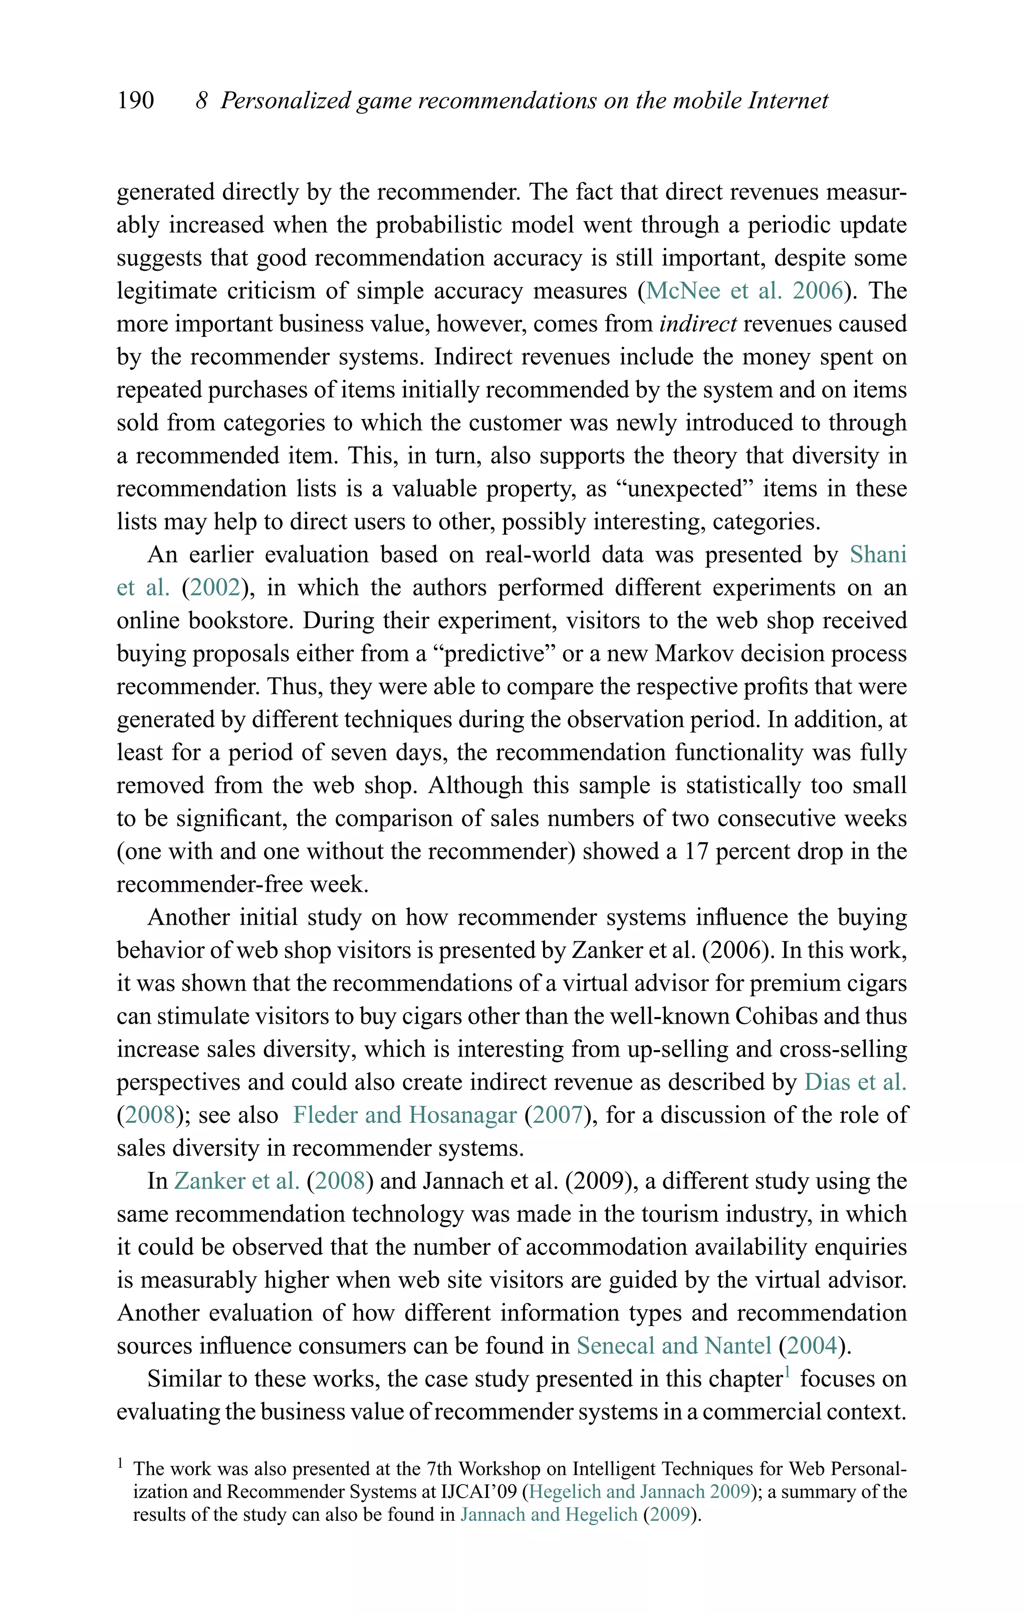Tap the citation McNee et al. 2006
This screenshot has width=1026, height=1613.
pos(744,291)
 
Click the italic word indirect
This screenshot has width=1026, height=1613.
pos(698,324)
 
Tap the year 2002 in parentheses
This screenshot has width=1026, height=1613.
pos(215,587)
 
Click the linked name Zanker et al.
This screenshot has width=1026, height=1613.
pos(236,1181)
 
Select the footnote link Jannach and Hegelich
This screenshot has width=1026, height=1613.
pos(549,1515)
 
